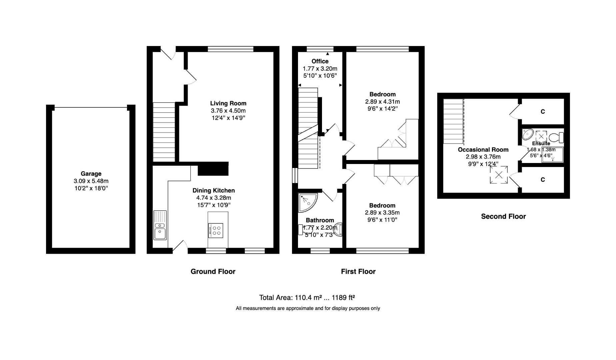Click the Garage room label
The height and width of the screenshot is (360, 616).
[x=91, y=174]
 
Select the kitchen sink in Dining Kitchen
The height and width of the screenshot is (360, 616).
[x=160, y=225]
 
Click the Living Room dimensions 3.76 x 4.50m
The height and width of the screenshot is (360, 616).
[x=228, y=111]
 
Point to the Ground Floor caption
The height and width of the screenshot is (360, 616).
[x=213, y=272]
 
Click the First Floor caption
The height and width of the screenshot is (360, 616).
[x=358, y=272]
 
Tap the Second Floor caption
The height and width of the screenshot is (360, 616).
[x=503, y=217]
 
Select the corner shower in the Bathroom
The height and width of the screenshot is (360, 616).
[x=307, y=202]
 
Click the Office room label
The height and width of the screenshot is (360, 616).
[x=320, y=61]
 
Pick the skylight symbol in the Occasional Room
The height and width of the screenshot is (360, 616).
[x=499, y=175]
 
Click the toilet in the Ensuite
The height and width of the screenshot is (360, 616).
[x=556, y=137]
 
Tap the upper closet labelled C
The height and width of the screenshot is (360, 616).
[x=542, y=112]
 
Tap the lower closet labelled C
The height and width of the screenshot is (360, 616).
[x=542, y=180]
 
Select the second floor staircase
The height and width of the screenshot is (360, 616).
[x=453, y=121]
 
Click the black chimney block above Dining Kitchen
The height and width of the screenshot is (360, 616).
[x=213, y=169]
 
